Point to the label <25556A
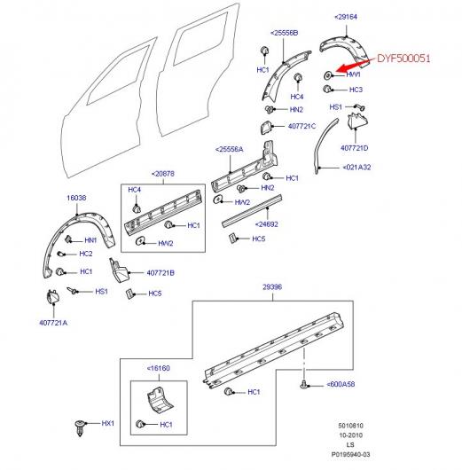coord(230,150)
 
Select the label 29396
coord(271,288)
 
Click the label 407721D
coord(356,147)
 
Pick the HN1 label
coord(90,240)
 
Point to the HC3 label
coord(355,90)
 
